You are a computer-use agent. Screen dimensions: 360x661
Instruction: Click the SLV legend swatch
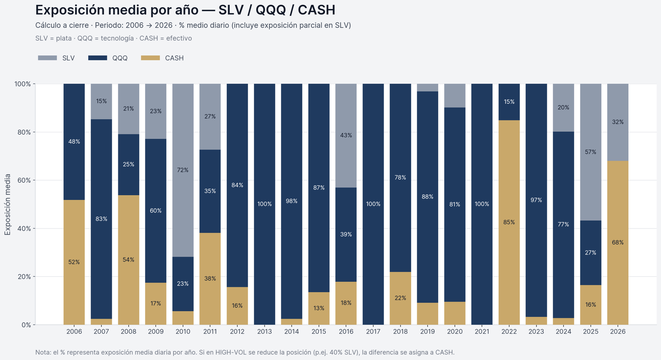click(x=47, y=58)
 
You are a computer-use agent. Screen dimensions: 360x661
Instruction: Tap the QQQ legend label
click(x=120, y=58)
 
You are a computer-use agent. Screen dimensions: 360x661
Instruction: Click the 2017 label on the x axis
click(x=373, y=331)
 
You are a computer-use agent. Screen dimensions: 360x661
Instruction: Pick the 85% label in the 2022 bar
click(x=509, y=222)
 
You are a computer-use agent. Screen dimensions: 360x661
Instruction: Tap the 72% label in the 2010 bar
click(x=183, y=170)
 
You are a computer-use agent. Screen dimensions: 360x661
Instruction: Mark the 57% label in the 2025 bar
click(x=591, y=152)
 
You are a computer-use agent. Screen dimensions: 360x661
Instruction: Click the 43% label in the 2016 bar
click(x=346, y=135)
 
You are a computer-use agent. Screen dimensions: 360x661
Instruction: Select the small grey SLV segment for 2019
click(x=428, y=88)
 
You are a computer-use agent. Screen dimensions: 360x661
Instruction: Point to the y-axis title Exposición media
click(x=7, y=204)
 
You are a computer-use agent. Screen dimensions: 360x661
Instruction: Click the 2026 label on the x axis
click(x=618, y=331)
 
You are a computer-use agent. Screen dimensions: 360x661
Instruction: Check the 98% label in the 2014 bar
click(x=292, y=201)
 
